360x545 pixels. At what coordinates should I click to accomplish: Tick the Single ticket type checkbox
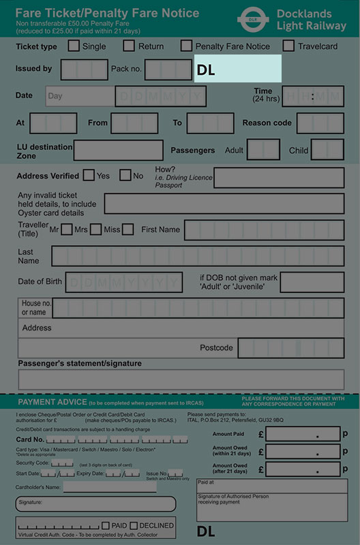tap(74, 46)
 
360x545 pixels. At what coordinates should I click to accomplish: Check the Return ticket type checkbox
tap(129, 46)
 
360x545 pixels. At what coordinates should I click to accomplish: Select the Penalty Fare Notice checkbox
tap(186, 46)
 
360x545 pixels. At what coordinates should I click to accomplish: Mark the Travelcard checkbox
tap(288, 46)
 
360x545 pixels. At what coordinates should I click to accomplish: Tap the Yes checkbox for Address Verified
tap(89, 175)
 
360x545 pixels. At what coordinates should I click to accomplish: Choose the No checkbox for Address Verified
tap(125, 175)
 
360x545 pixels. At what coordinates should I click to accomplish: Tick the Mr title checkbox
tap(66, 230)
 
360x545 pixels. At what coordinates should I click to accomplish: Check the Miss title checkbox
tap(127, 230)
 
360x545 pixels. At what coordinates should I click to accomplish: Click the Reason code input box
tap(320, 123)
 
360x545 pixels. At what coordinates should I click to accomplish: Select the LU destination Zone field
tap(118, 150)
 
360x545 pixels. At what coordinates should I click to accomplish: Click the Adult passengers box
tap(262, 150)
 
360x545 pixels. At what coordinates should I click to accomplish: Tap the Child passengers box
tap(327, 150)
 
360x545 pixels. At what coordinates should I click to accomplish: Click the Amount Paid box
tap(302, 434)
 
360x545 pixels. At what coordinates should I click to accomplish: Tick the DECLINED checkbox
tap(134, 526)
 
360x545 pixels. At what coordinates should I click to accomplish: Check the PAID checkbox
tap(106, 526)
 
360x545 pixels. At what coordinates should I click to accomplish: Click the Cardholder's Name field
tap(110, 487)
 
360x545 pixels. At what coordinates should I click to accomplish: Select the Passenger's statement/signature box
tap(181, 379)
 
